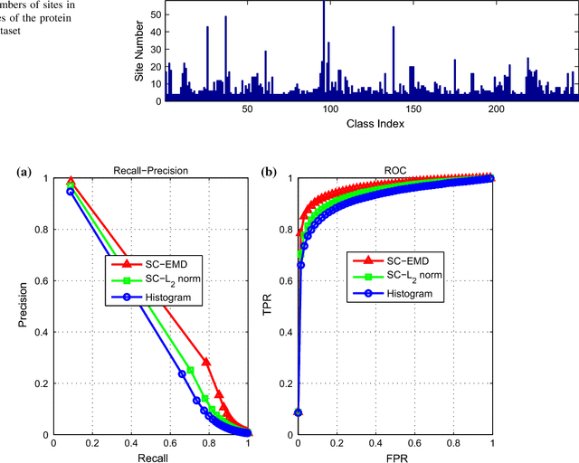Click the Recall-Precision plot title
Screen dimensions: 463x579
point(151,170)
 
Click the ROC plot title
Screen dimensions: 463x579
point(394,170)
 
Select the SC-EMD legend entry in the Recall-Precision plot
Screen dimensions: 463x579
point(154,263)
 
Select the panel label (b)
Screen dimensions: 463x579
point(269,172)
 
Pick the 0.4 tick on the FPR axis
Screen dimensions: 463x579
point(375,445)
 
